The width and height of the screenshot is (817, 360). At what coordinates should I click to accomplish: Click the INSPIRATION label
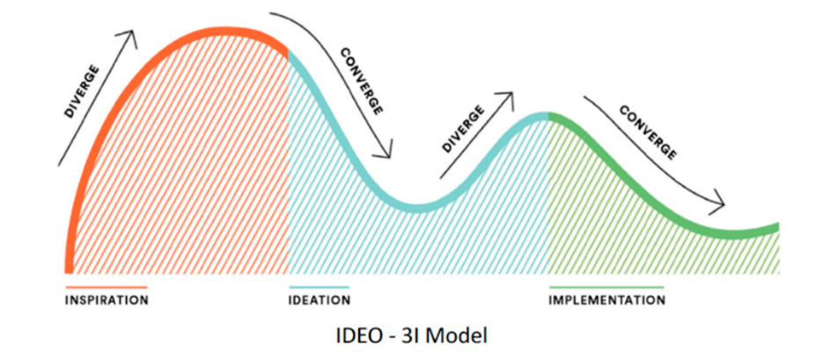tap(107, 300)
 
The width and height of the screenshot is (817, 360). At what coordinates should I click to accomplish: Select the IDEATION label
tap(320, 300)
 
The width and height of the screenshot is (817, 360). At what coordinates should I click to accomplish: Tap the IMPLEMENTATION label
tap(607, 300)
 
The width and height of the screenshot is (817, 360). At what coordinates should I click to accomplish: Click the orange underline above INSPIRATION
tap(107, 287)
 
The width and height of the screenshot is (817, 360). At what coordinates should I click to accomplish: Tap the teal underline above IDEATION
tap(319, 287)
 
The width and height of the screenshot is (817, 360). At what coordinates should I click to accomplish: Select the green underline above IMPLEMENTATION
tap(606, 287)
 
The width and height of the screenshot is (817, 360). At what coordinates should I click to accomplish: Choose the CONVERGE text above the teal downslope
tap(361, 80)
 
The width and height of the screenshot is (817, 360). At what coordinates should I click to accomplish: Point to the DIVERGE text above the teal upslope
tap(465, 129)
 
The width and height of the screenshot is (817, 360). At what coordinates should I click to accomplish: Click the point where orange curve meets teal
tap(289, 50)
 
